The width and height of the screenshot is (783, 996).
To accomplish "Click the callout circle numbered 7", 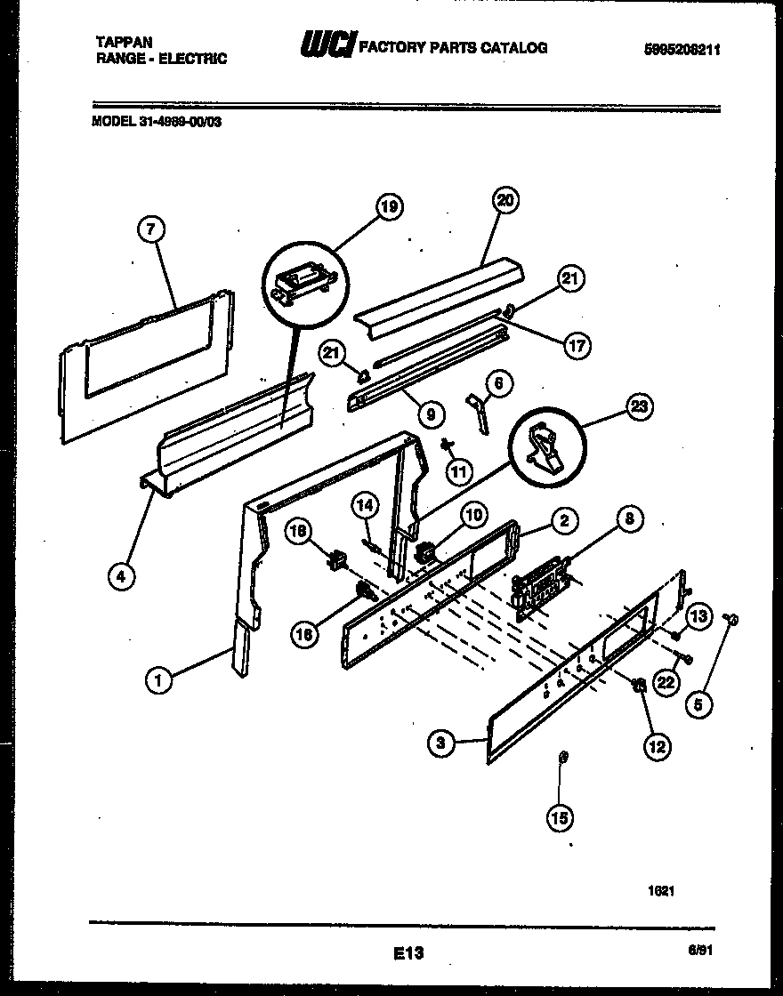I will click(151, 229).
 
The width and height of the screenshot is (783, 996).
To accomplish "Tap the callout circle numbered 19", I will click(389, 207).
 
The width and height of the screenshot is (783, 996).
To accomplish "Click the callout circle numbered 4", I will click(121, 575).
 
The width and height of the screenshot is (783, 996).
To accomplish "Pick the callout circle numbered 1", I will click(157, 682).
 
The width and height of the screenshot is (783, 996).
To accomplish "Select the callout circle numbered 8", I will click(628, 518).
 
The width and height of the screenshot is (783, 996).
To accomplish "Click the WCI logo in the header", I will click(328, 44).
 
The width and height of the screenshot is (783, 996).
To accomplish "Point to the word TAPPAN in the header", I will click(123, 42).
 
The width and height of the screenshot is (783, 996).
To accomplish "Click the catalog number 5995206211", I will click(681, 51).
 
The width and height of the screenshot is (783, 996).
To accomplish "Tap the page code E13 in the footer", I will click(408, 953).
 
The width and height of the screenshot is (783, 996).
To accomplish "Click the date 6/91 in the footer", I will click(700, 950).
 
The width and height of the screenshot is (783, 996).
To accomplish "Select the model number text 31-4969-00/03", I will click(180, 123).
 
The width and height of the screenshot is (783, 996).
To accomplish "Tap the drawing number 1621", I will click(660, 888).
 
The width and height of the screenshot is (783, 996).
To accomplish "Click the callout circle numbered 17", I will click(577, 346).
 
